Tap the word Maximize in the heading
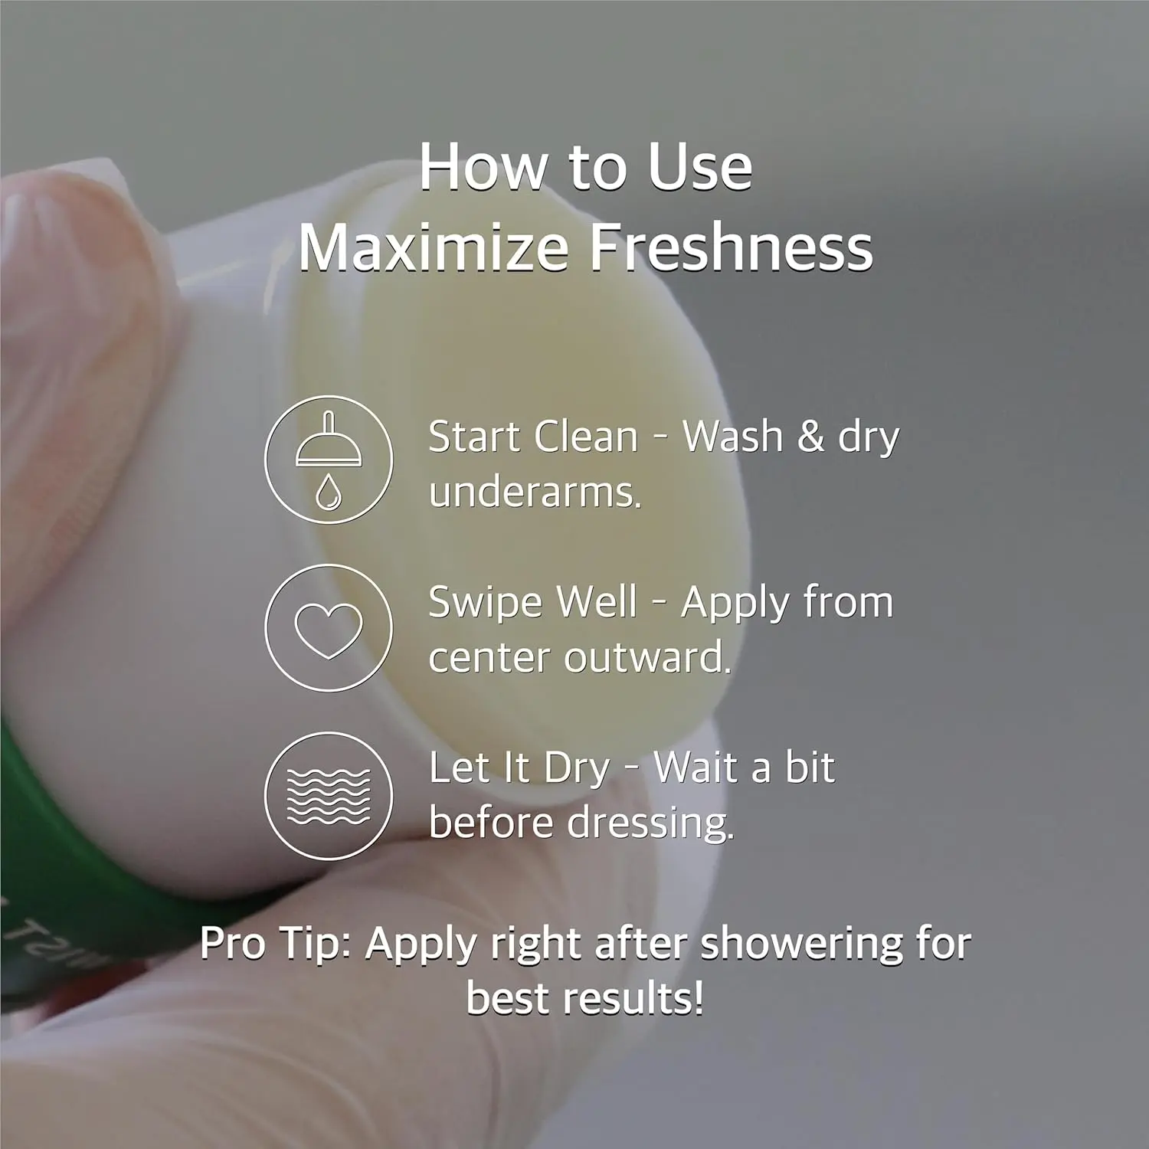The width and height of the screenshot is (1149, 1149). (433, 247)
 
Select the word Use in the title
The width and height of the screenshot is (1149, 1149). (699, 167)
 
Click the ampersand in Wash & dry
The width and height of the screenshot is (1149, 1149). (810, 437)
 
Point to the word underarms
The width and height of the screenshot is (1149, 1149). (535, 492)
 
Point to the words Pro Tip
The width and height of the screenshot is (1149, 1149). (276, 944)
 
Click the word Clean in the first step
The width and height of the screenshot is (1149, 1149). (586, 437)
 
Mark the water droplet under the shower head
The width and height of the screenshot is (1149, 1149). (329, 492)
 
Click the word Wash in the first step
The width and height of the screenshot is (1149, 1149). (732, 437)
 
